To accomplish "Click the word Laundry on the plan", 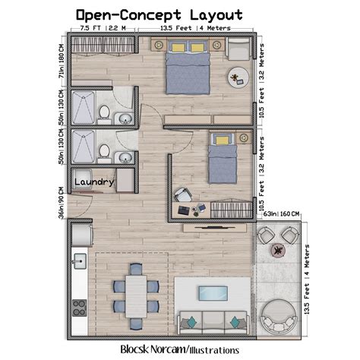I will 95,182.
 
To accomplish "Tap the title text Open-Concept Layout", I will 159,14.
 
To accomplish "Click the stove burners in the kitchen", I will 78,307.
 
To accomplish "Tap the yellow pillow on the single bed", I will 221,140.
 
